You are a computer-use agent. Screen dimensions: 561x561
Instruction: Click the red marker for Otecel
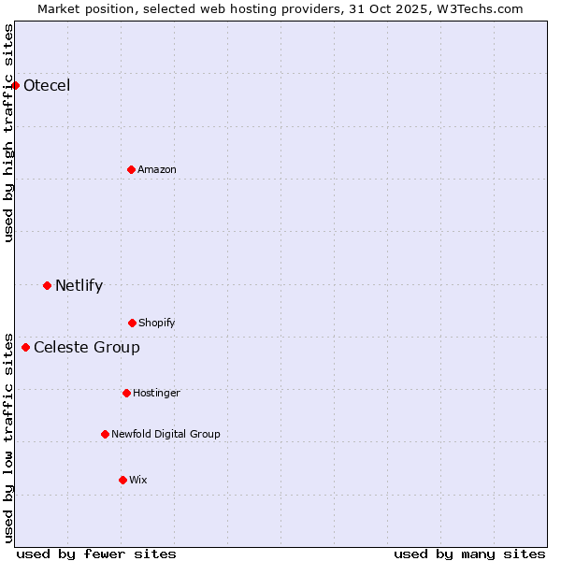[x=16, y=86]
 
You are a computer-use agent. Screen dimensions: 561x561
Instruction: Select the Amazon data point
[x=132, y=169]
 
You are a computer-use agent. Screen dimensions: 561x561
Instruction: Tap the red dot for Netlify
[x=48, y=285]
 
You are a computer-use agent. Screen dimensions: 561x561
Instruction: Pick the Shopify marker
[x=132, y=323]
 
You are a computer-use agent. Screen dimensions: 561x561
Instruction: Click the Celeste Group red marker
[x=26, y=348]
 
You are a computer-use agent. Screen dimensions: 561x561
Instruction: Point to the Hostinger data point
[x=126, y=393]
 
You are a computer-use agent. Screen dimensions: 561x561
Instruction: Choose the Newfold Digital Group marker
[x=106, y=434]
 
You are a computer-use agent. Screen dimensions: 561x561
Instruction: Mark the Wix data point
[x=122, y=480]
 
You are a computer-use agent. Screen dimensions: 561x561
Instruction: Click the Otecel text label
[x=47, y=86]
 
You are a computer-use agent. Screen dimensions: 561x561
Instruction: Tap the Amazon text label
[x=157, y=169]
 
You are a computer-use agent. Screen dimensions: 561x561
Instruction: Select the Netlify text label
[x=79, y=285]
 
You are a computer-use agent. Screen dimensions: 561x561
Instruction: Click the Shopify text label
[x=157, y=323]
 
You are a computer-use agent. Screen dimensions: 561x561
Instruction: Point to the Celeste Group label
[x=87, y=348]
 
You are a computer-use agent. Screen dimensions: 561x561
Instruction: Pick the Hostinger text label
[x=156, y=393]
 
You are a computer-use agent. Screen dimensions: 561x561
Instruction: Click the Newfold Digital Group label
[x=165, y=434]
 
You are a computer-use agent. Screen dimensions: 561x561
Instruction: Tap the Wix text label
[x=138, y=480]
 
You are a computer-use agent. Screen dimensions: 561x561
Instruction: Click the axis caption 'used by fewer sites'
[x=96, y=554]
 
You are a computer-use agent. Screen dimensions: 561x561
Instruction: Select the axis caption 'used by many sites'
[x=469, y=554]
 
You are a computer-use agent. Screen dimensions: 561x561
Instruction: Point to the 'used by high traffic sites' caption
[x=8, y=133]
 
